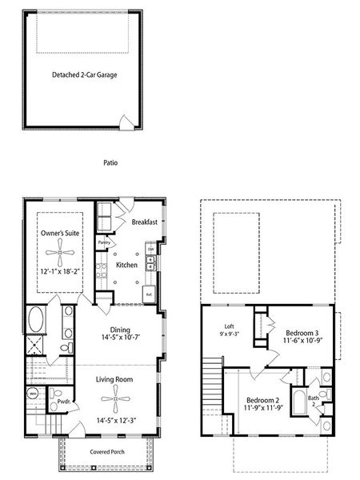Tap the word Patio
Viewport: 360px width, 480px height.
(110, 162)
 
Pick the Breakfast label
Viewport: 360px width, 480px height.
(143, 222)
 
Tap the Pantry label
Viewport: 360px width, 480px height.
(104, 242)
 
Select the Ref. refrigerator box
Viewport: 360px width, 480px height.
(149, 294)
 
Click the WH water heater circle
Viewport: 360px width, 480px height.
(34, 394)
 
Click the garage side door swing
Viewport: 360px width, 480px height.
(125, 122)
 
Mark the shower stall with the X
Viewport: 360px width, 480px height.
(35, 348)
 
